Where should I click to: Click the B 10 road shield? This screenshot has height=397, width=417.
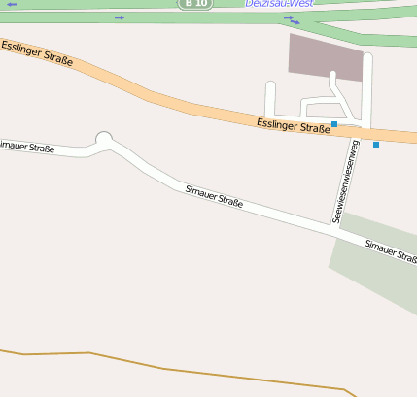pos(194,4)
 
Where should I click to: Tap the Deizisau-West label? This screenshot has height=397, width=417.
pos(279,4)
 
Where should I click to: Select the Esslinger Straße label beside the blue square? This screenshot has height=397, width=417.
pos(294,125)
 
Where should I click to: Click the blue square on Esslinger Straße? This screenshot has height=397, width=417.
pos(334,124)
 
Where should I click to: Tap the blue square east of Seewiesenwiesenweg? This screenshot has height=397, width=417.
pos(376,145)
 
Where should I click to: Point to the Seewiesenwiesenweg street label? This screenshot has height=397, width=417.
pos(345,182)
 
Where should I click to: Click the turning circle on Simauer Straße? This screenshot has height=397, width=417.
pos(104,138)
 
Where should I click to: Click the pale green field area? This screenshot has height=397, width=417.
pos(374,272)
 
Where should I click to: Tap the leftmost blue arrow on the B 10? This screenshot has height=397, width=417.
pos(12,5)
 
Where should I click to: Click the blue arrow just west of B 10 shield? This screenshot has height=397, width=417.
pos(120,17)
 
